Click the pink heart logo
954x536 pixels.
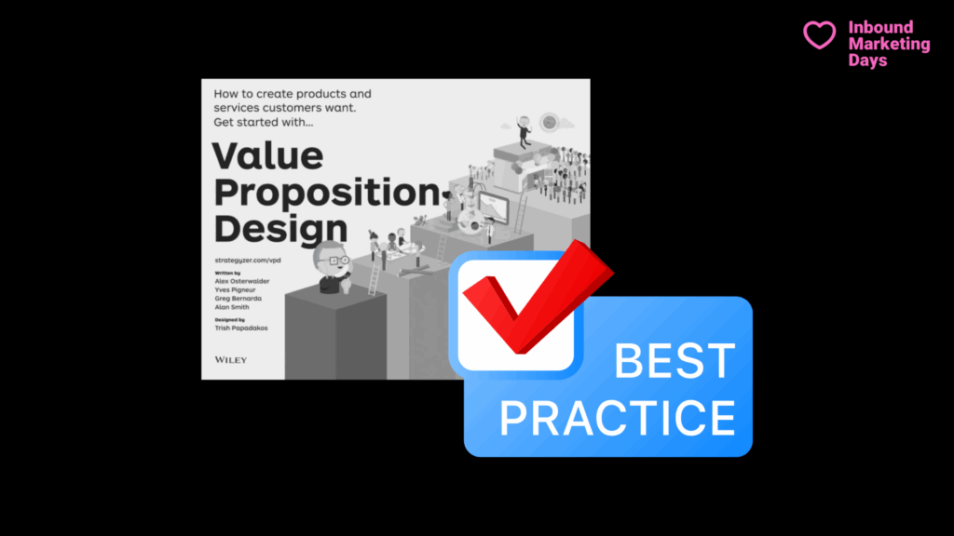tap(820, 34)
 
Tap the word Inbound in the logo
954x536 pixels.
tap(880, 27)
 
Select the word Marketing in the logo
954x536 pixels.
tap(889, 44)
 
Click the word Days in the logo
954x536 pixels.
tap(867, 60)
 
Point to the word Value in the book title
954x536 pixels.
tap(267, 155)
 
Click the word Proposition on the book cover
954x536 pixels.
tap(327, 193)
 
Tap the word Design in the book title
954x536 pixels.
tap(280, 229)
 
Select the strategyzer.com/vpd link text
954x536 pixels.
tap(248, 261)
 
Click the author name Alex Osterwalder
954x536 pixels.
tap(241, 281)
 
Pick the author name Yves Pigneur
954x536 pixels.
tap(235, 290)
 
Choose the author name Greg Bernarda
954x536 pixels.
tap(238, 299)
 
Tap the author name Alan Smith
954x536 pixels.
tap(231, 307)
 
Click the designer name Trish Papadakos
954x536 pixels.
tap(241, 328)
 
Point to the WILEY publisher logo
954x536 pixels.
tap(231, 360)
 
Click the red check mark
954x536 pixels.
tap(538, 297)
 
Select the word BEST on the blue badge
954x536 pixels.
tap(675, 361)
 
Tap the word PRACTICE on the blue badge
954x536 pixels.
tap(617, 418)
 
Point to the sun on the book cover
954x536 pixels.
tap(550, 122)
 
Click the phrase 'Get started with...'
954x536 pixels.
tap(263, 122)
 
